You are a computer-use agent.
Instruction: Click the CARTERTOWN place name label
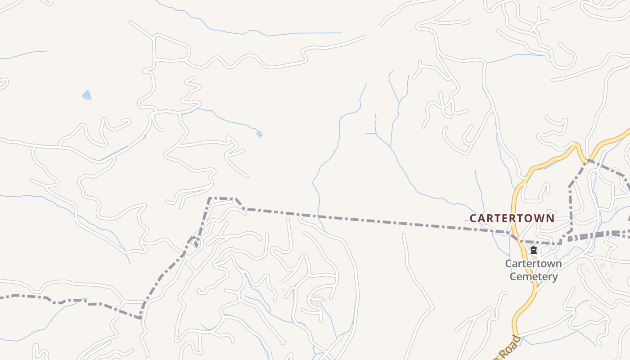pos(512,218)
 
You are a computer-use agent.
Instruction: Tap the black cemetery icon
pos(534,250)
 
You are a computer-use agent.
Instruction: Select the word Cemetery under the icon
pos(534,276)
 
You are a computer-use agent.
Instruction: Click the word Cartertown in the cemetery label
pos(533,263)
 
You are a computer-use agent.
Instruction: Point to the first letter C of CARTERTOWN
pos(473,218)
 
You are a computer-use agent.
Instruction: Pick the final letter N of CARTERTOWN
pos(550,218)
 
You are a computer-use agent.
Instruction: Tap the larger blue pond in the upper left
pos(87,95)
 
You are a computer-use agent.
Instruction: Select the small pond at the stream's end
pos(259,134)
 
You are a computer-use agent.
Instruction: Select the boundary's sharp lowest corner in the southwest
pos(141,318)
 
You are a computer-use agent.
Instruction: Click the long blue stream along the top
pos(270,34)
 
